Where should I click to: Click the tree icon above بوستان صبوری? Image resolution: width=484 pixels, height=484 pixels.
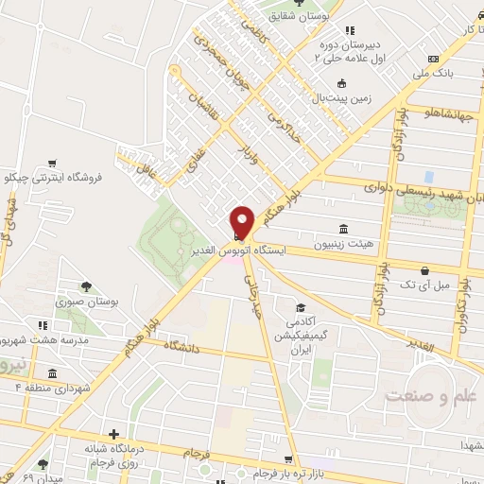coord(86,286)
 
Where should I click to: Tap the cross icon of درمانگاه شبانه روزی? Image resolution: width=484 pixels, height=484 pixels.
coord(114,434)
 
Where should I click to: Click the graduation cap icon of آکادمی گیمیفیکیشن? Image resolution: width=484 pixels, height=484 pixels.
coord(301,308)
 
